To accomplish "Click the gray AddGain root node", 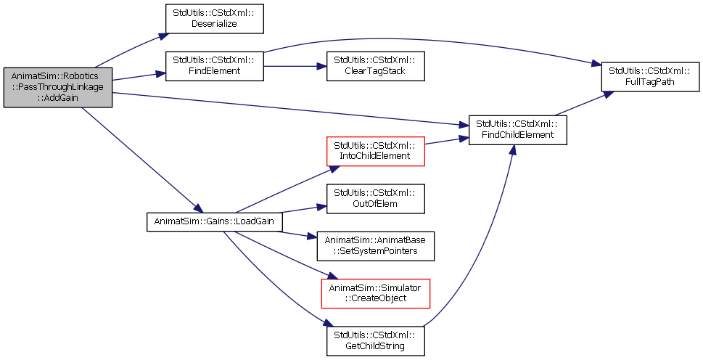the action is click(58, 87).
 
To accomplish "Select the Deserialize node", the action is click(214, 19).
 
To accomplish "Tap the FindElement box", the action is click(214, 66).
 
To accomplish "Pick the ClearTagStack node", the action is click(375, 66).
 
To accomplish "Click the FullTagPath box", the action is click(650, 77).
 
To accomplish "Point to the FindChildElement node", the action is click(518, 130).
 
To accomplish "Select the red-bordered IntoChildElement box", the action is click(375, 151).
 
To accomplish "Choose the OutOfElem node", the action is click(375, 199).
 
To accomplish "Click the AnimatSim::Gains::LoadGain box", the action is click(214, 221).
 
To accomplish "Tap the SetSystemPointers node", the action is click(375, 246).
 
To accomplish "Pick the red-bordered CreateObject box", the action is click(375, 293).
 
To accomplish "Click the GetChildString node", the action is click(375, 340).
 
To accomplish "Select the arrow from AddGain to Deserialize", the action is click(128, 50).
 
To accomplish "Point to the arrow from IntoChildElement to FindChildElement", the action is click(447, 141).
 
